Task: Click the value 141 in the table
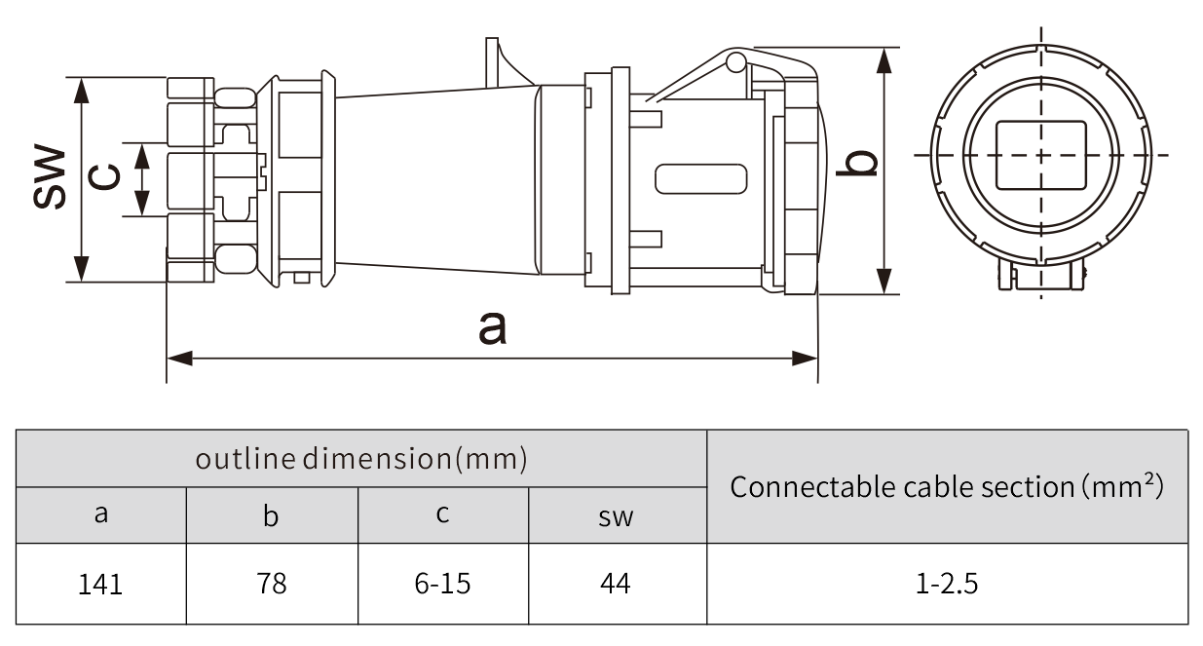pos(100,584)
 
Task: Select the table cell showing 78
pos(272,584)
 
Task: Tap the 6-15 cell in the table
pos(442,584)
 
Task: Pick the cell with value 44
pos(616,584)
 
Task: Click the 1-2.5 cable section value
pos(947,584)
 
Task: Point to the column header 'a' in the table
pos(100,514)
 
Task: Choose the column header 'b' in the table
pos(272,515)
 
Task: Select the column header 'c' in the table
pos(442,514)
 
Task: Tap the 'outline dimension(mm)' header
pos(361,458)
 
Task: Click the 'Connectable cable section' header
pos(947,485)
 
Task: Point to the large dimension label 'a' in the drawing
pos(493,327)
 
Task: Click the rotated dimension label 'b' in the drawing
pos(858,165)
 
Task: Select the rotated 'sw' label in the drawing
pos(49,178)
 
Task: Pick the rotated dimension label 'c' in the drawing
pos(105,176)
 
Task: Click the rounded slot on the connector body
pos(700,178)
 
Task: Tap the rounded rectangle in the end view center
pos(1040,155)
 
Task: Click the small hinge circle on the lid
pos(736,63)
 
